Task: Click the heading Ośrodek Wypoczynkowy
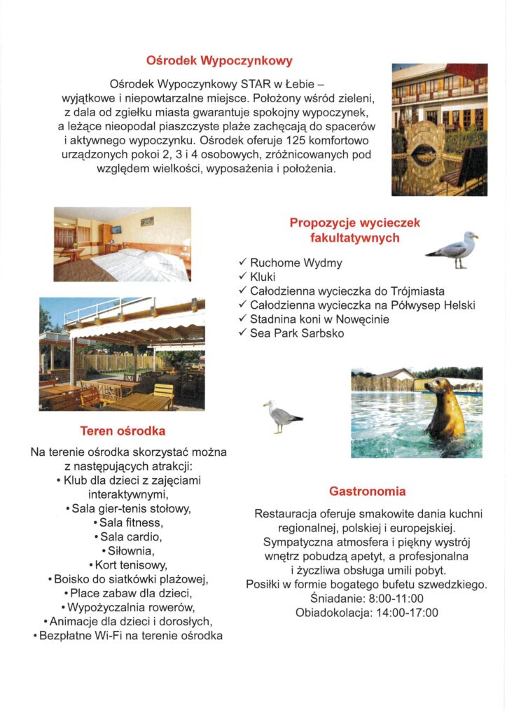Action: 219,61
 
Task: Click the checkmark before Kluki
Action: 243,277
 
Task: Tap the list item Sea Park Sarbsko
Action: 297,333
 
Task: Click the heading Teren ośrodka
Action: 123,431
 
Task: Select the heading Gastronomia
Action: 367,491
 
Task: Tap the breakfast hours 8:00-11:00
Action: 391,599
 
